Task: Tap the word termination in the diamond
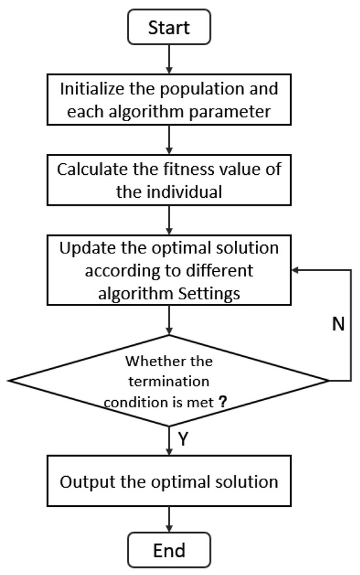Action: (168, 382)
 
